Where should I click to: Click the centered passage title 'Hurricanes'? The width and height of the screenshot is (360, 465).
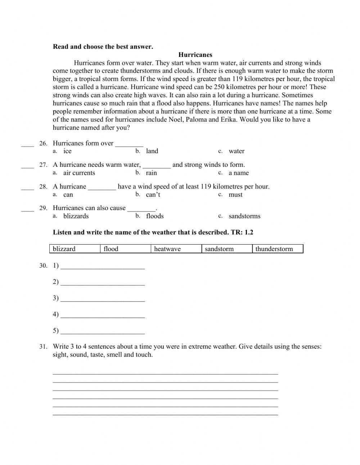click(195, 55)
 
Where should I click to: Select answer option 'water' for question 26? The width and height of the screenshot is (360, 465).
click(236, 151)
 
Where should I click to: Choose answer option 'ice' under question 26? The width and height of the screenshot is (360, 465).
click(67, 151)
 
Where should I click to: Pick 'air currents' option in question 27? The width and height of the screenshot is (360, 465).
click(79, 173)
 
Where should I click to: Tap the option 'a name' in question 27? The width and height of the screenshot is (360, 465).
click(238, 173)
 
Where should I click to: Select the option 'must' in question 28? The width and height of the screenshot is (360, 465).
click(235, 195)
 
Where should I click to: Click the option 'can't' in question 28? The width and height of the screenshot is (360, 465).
click(153, 195)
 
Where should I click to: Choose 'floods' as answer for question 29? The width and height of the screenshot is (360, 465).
click(155, 216)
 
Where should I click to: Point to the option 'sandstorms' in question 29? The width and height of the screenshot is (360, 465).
click(244, 216)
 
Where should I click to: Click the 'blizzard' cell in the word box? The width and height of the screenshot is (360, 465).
click(74, 249)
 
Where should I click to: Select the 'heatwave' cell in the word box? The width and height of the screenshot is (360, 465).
click(176, 249)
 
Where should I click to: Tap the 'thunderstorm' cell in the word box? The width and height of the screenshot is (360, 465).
click(278, 249)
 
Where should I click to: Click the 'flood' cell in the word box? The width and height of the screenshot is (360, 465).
click(125, 249)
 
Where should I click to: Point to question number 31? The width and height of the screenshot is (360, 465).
click(43, 347)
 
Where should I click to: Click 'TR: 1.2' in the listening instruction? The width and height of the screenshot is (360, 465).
click(242, 232)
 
